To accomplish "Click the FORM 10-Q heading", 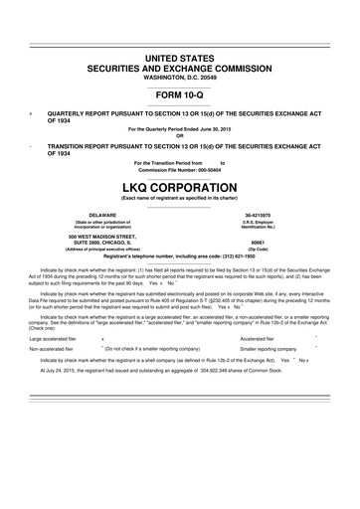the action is pos(180,95).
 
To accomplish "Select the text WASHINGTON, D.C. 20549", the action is pos(180,76).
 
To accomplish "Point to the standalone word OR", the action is pos(180,135).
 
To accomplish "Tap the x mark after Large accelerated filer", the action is pos(103,339).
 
